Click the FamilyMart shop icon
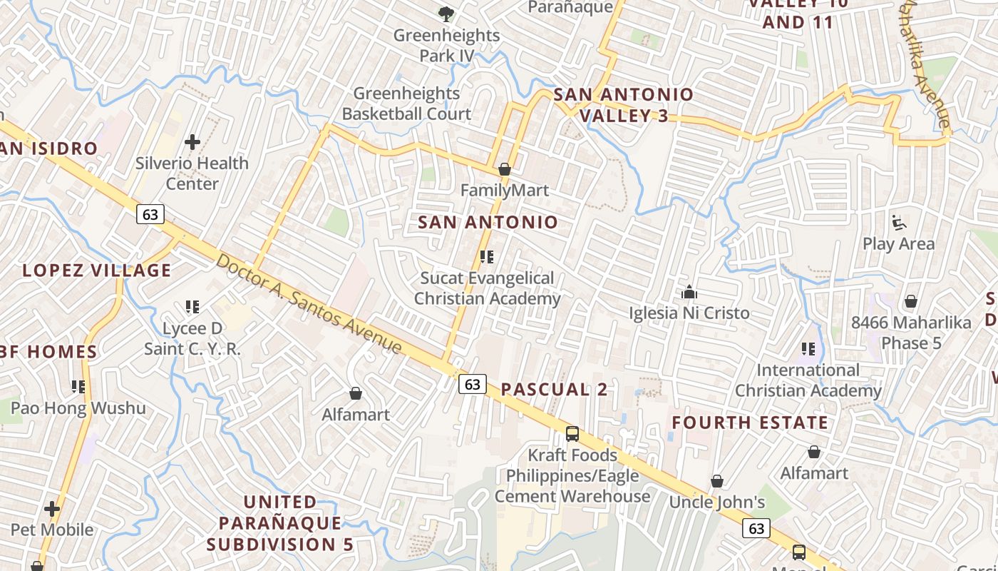pos(505,170)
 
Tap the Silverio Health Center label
pos(192,173)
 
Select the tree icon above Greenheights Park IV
pos(446,14)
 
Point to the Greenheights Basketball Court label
pos(406,103)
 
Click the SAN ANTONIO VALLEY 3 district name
pos(624,105)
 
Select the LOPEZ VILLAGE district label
pos(97,271)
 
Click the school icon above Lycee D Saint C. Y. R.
pos(192,307)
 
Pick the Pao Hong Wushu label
pos(78,408)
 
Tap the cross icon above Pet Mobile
pos(52,509)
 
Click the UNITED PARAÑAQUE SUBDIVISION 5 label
pos(280,523)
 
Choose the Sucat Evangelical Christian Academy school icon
pos(487,257)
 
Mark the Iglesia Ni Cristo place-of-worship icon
pos(689,293)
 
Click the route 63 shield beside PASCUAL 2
pos(472,384)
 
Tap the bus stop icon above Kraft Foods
pos(572,433)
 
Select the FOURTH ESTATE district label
pos(750,423)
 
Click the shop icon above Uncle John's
pos(717,482)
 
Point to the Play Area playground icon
pos(899,223)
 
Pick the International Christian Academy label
pos(808,380)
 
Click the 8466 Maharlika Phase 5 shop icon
pos(910,301)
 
